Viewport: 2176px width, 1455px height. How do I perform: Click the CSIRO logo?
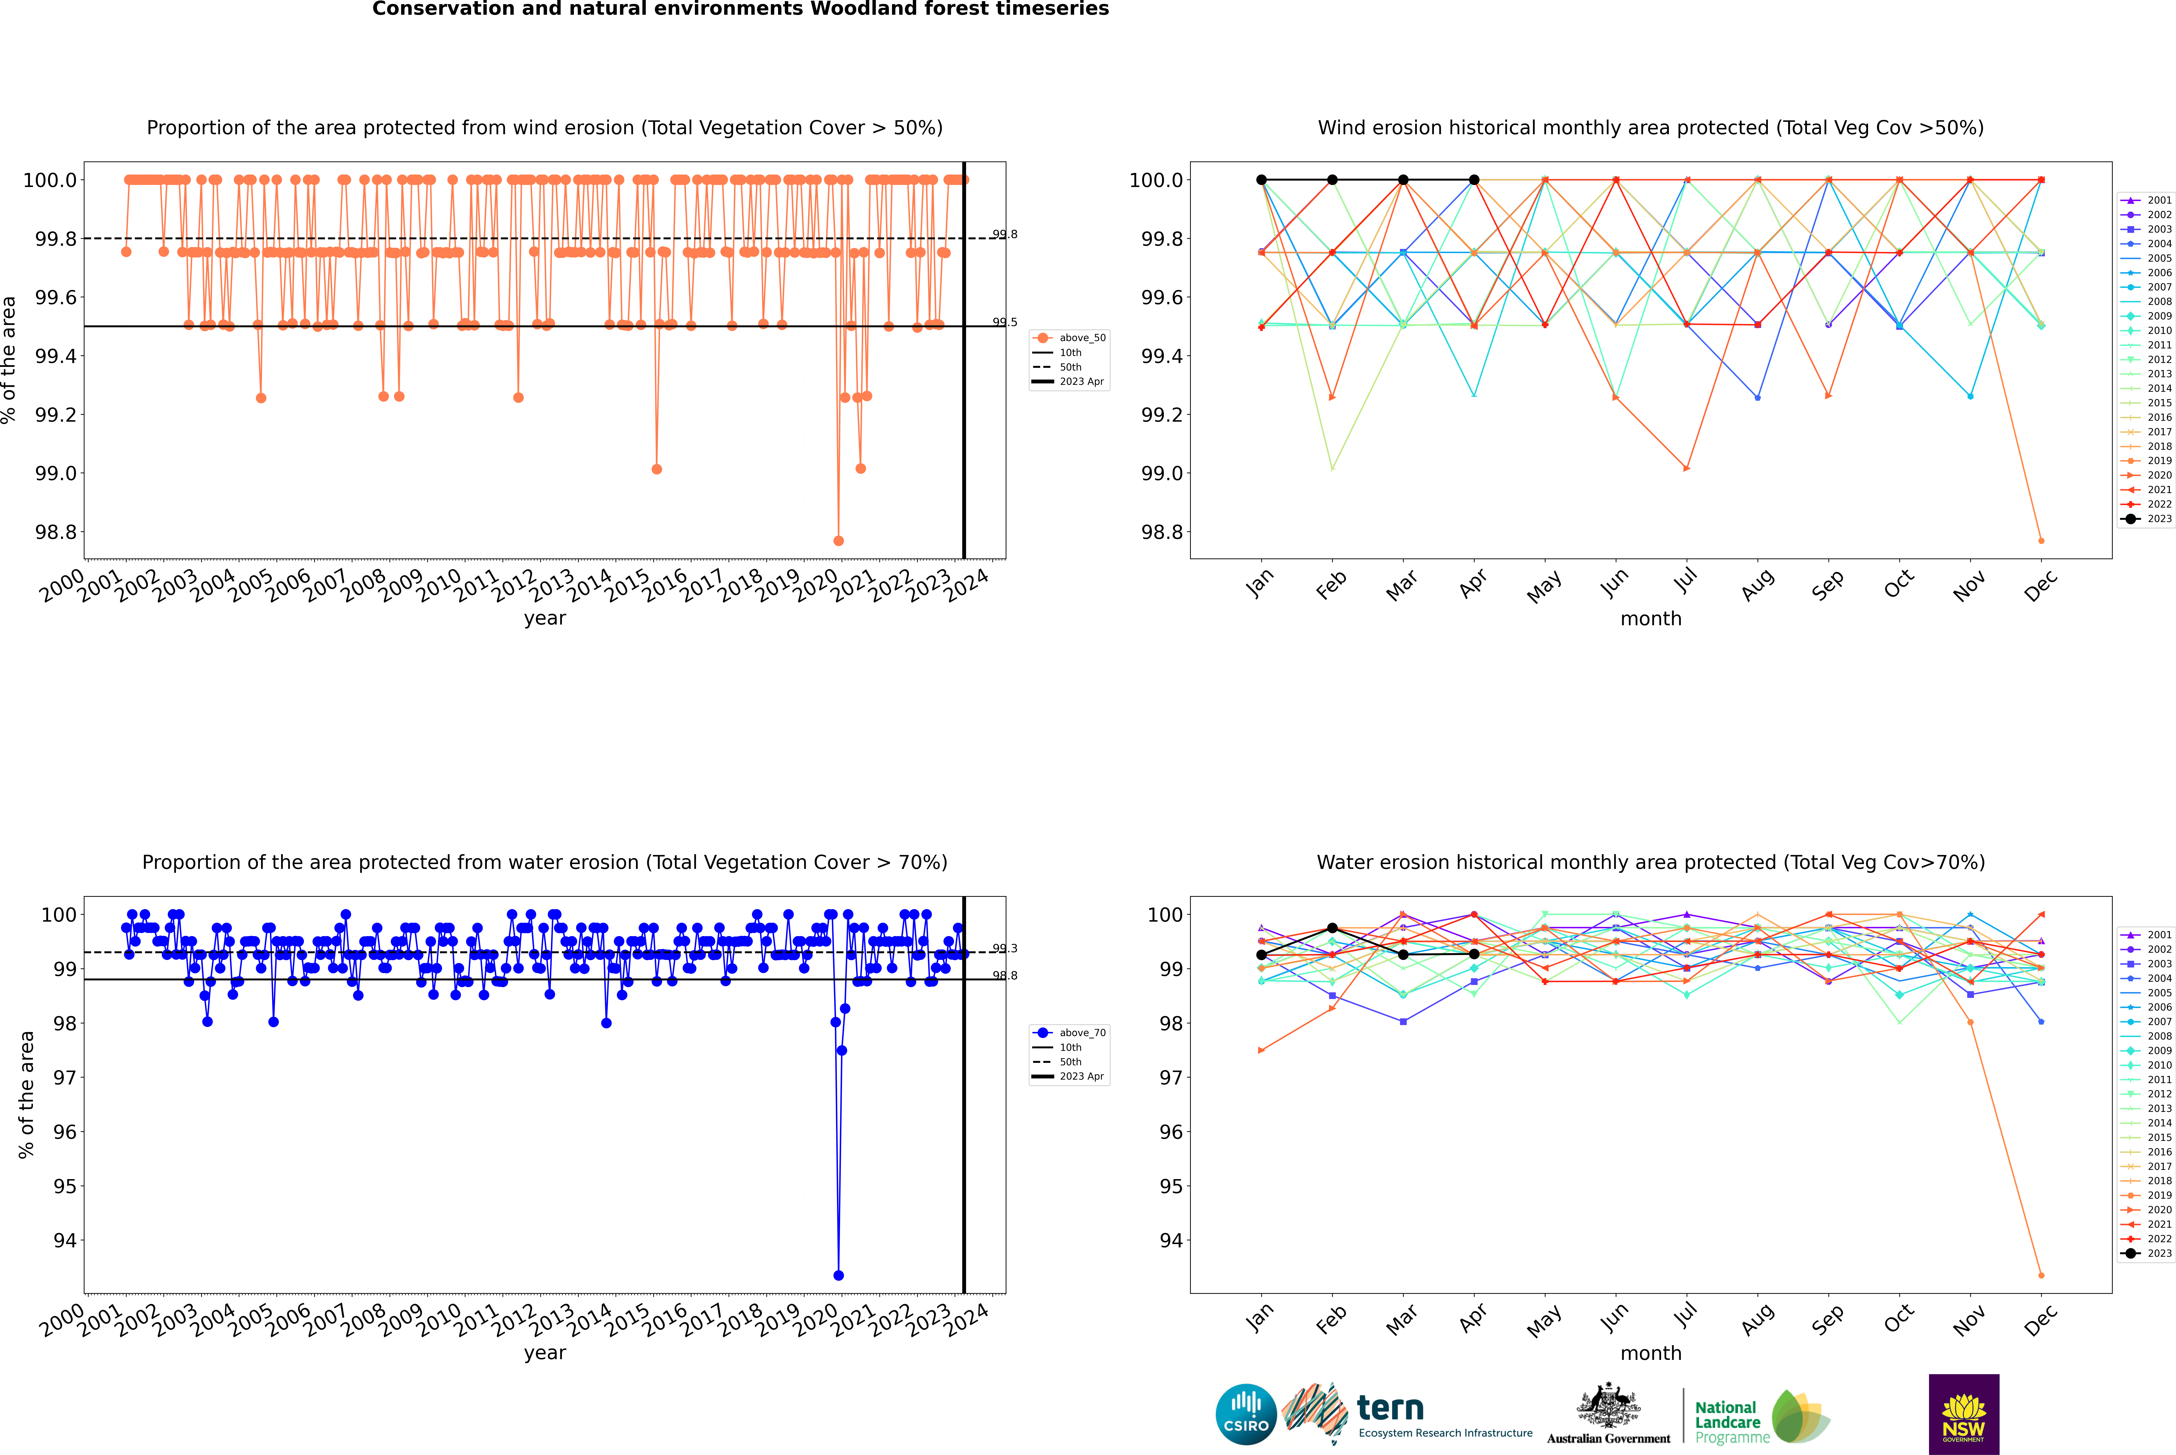(x=1246, y=1414)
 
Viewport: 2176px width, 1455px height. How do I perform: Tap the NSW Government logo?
(x=1964, y=1414)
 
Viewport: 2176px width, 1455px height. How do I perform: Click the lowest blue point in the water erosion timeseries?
(x=839, y=1275)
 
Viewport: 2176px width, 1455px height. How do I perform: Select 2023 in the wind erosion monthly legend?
(x=2158, y=519)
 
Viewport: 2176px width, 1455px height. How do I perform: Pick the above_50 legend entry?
(x=1081, y=338)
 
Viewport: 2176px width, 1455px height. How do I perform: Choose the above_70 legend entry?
(x=1081, y=1033)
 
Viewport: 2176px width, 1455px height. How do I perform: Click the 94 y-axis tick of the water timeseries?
(x=65, y=1241)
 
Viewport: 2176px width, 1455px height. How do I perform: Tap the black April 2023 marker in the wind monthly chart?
(x=1474, y=180)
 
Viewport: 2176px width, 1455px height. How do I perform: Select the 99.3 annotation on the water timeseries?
(x=1005, y=948)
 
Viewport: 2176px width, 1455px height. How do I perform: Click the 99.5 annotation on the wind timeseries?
(x=1005, y=322)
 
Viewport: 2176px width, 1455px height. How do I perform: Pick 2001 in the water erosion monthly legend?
(x=2158, y=935)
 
